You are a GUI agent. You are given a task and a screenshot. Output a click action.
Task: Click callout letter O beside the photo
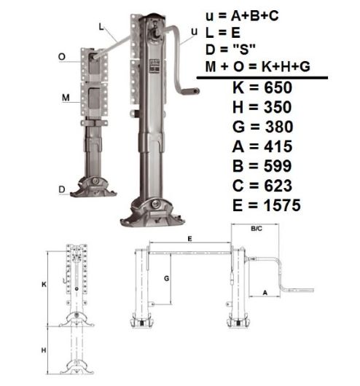(63, 55)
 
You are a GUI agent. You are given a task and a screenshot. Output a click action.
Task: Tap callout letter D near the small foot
(63, 189)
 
